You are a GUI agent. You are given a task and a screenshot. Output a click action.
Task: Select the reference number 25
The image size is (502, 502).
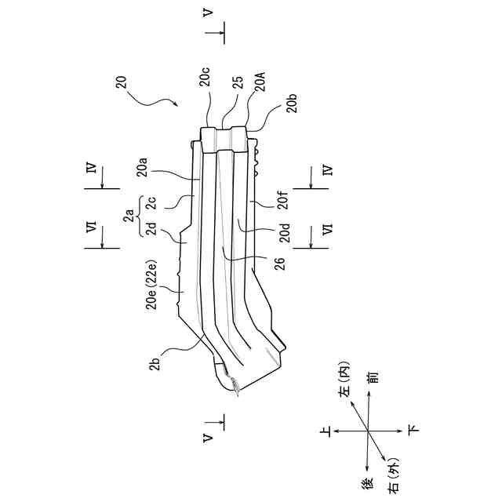238,84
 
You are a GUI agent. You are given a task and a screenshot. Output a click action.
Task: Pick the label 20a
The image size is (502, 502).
143,166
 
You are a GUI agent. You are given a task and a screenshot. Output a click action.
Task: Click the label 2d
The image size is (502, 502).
149,227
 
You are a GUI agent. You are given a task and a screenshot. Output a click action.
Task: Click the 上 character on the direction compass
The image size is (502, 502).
325,430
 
